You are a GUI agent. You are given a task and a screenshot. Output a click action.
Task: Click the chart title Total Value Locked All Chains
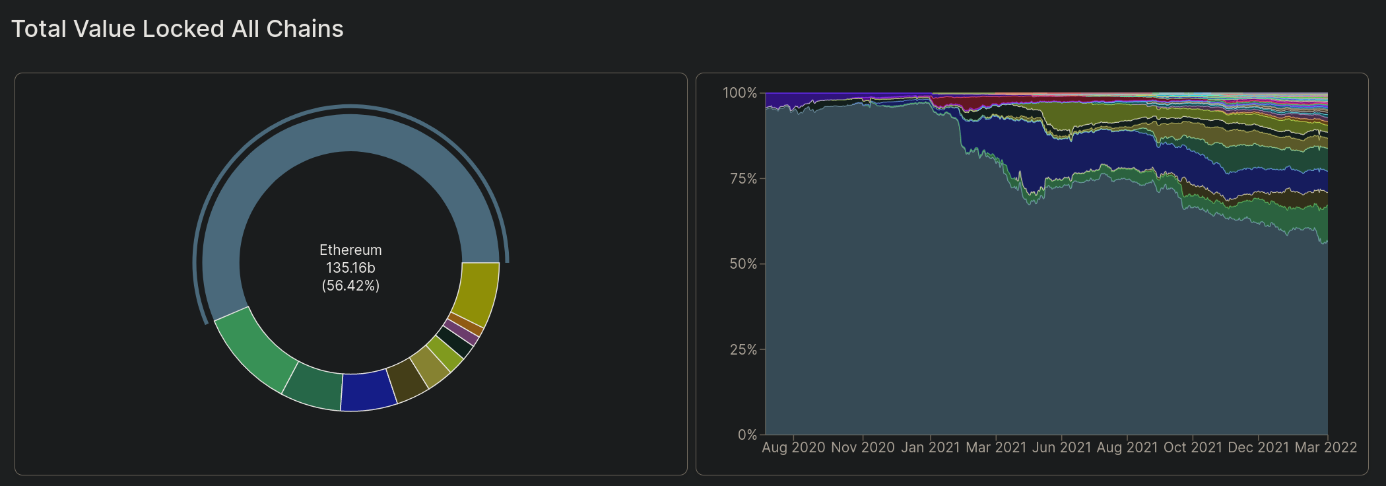[x=177, y=29]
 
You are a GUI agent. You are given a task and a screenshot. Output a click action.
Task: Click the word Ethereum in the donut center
[x=350, y=250]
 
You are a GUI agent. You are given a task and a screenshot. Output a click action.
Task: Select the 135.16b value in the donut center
[x=350, y=268]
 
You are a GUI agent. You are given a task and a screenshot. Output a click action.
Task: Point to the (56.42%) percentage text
[x=350, y=286]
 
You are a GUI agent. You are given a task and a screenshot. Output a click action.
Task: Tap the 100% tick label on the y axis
[x=739, y=93]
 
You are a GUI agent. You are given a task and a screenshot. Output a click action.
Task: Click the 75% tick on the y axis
[x=743, y=179]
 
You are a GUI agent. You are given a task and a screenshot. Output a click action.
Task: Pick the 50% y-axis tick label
[x=743, y=264]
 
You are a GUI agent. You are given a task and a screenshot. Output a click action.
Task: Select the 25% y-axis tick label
[x=743, y=350]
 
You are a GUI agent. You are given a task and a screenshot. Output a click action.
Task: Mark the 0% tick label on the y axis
[x=746, y=435]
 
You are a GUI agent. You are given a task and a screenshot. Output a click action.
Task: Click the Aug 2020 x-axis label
[x=793, y=448]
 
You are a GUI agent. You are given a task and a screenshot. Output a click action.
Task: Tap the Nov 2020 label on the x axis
[x=863, y=448]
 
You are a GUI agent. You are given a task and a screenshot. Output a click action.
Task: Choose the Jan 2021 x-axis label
[x=930, y=448]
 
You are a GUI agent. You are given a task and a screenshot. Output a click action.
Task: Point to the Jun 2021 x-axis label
[x=1061, y=448]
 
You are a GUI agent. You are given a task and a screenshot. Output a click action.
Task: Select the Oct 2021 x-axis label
[x=1193, y=448]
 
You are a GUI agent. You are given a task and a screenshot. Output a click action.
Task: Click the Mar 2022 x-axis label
[x=1325, y=448]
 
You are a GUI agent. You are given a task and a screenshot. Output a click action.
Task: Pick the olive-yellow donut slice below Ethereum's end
[x=477, y=291]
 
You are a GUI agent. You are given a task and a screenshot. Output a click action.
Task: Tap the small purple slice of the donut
[x=461, y=332]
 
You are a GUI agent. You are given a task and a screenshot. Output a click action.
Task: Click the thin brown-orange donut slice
[x=467, y=323]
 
